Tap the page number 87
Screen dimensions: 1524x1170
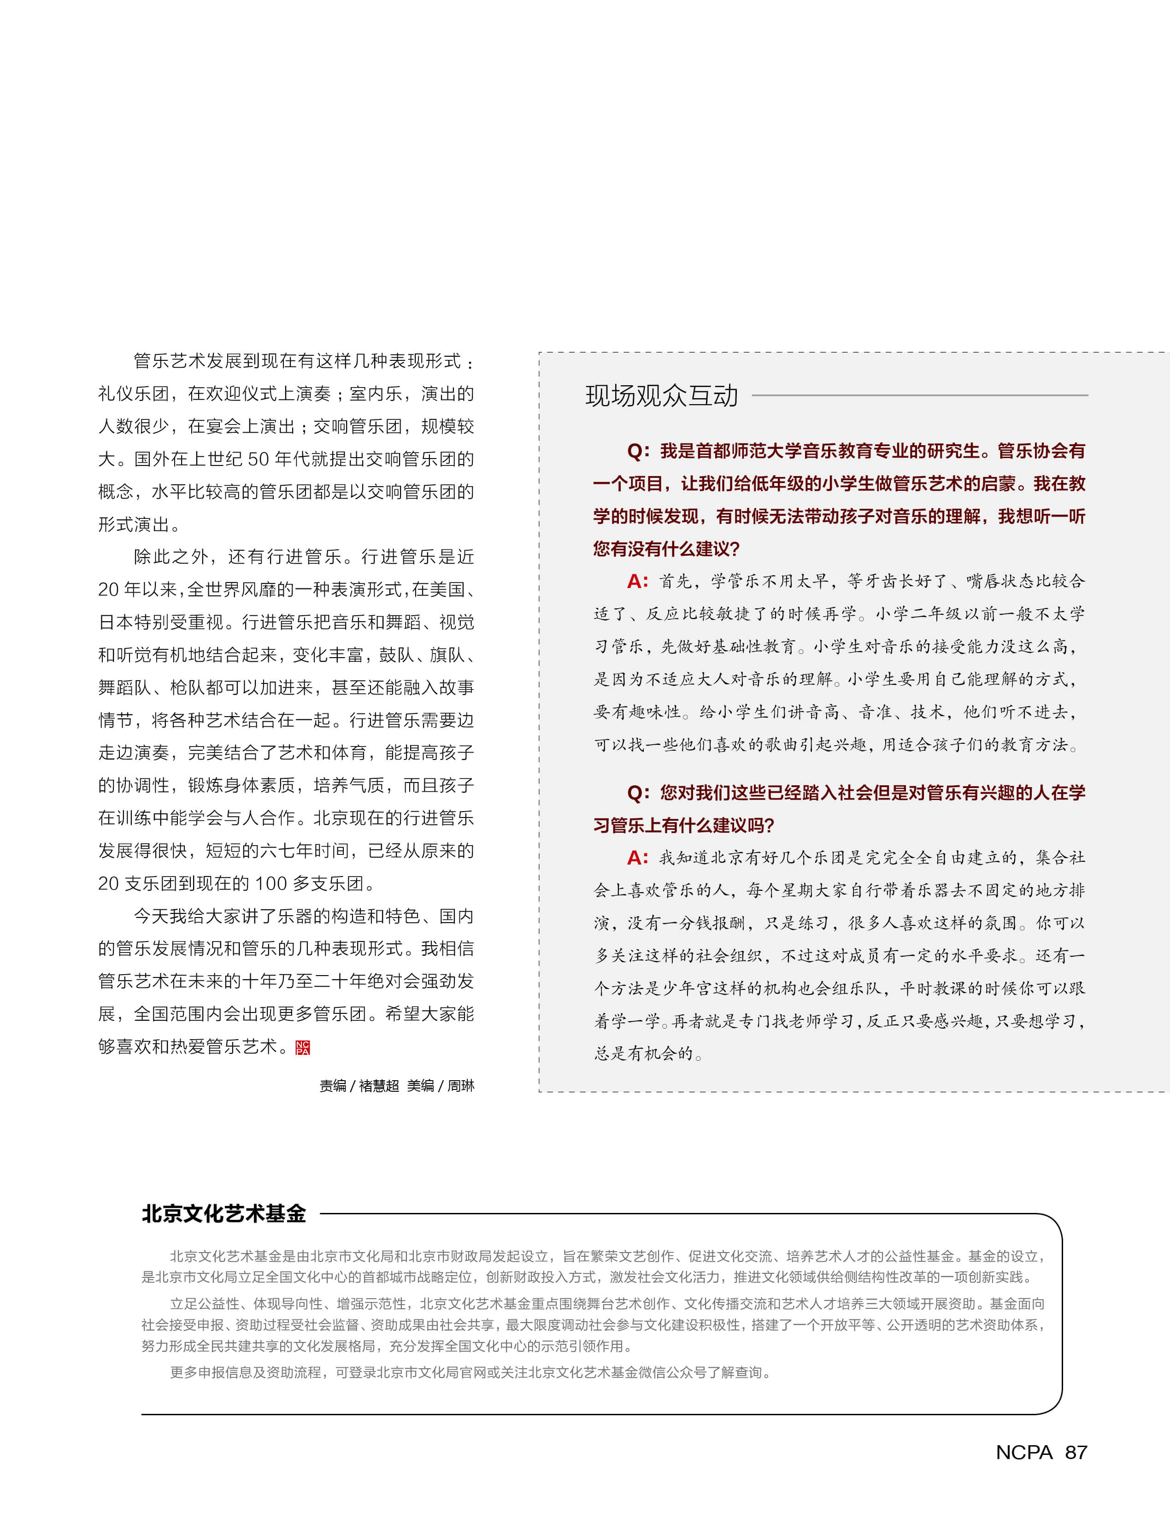click(x=1076, y=1452)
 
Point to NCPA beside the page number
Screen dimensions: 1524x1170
click(x=1024, y=1452)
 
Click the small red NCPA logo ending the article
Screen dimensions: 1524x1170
click(x=302, y=1047)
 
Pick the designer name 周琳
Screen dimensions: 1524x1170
click(x=460, y=1086)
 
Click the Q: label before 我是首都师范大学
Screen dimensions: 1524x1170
click(x=638, y=451)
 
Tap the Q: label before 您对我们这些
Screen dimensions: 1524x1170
click(x=638, y=793)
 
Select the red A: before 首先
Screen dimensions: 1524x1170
click(x=637, y=581)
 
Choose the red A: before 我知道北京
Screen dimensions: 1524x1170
click(x=637, y=858)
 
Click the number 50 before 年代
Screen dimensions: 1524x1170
click(x=259, y=459)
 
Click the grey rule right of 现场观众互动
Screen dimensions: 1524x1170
click(x=919, y=395)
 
